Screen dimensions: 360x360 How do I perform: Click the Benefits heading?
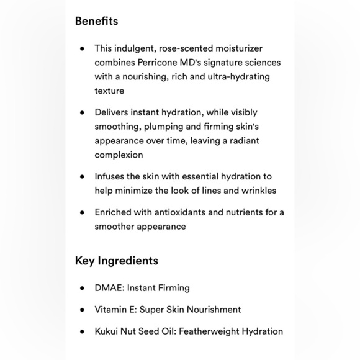click(96, 21)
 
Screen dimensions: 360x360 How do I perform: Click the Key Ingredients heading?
click(116, 261)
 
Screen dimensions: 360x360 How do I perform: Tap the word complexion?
click(119, 155)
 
